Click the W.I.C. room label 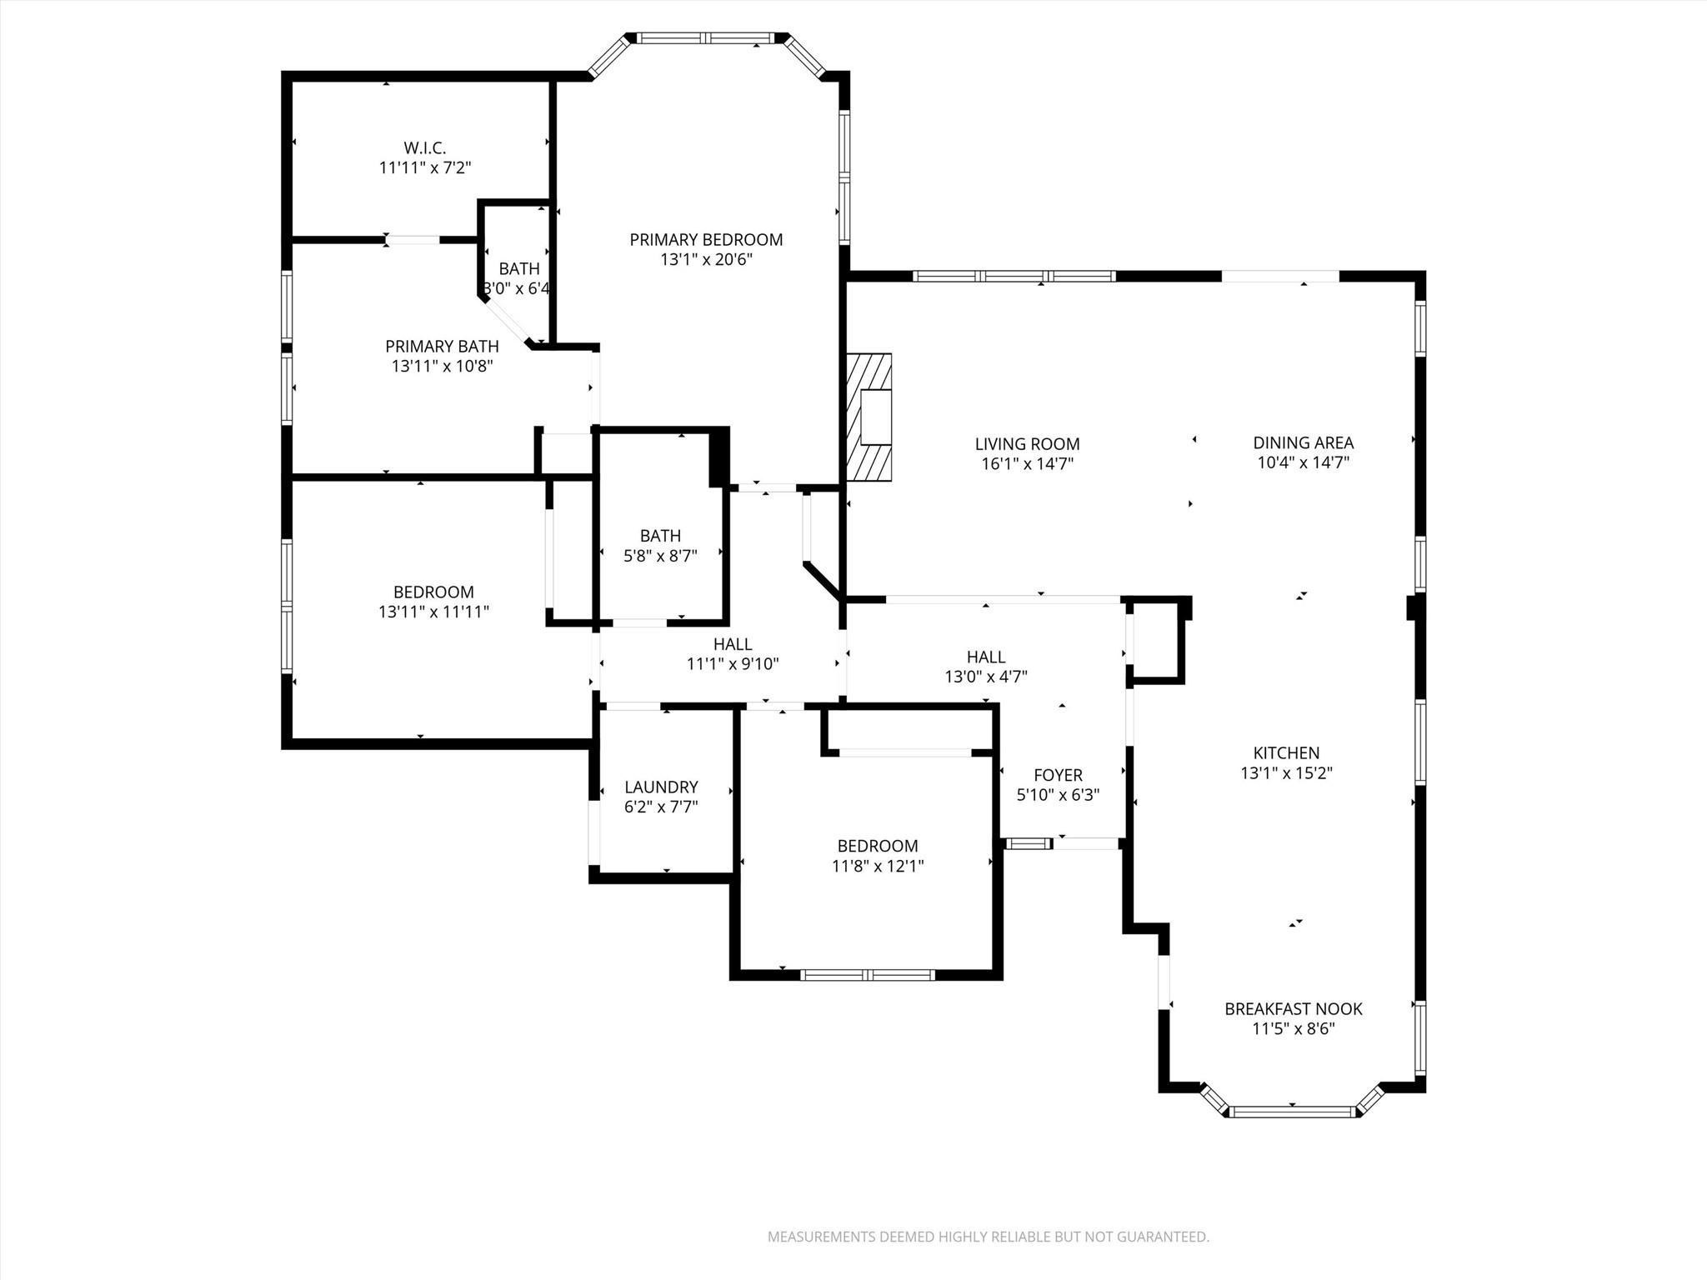pyautogui.click(x=424, y=147)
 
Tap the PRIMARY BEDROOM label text pyautogui.click(x=706, y=240)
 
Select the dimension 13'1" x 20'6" pyautogui.click(x=706, y=260)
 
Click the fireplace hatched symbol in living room pyautogui.click(x=869, y=417)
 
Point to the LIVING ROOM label pyautogui.click(x=1027, y=444)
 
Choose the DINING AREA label pyautogui.click(x=1303, y=442)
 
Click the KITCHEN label pyautogui.click(x=1286, y=752)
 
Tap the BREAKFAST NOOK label pyautogui.click(x=1293, y=1009)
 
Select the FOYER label pyautogui.click(x=1058, y=775)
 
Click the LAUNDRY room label pyautogui.click(x=661, y=787)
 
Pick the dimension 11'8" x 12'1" pyautogui.click(x=878, y=866)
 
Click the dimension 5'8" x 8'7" pyautogui.click(x=660, y=555)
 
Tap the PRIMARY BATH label pyautogui.click(x=442, y=346)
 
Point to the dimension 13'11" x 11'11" pyautogui.click(x=433, y=612)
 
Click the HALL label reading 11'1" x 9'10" pyautogui.click(x=733, y=644)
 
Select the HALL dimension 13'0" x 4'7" pyautogui.click(x=986, y=677)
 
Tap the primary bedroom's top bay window pyautogui.click(x=707, y=38)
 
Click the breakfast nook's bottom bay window pyautogui.click(x=1292, y=1112)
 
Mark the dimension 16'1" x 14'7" pyautogui.click(x=1027, y=464)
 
